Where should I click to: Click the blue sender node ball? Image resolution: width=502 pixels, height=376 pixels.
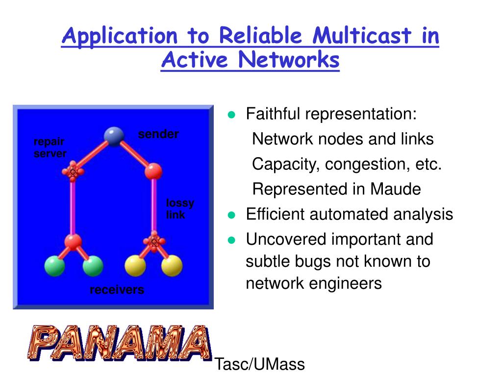[x=114, y=136]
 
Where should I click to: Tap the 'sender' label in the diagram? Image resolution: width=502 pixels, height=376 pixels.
[x=158, y=134]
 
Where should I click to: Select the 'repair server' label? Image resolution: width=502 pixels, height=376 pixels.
[x=50, y=147]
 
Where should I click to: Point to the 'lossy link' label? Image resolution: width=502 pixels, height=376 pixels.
[x=180, y=209]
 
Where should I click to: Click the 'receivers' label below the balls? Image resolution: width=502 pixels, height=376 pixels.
[x=117, y=290]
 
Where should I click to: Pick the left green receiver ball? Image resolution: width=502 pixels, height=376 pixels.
[x=54, y=266]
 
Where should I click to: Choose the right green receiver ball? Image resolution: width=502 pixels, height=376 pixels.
[x=93, y=266]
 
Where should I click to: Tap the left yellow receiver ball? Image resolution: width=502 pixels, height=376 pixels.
[x=135, y=266]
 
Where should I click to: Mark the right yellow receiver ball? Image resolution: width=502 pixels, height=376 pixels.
[x=172, y=266]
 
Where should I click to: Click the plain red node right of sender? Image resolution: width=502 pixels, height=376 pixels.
[x=153, y=171]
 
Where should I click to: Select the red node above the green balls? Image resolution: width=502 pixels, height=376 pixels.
[x=73, y=241]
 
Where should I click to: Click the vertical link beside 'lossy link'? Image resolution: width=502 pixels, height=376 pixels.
[x=154, y=206]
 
